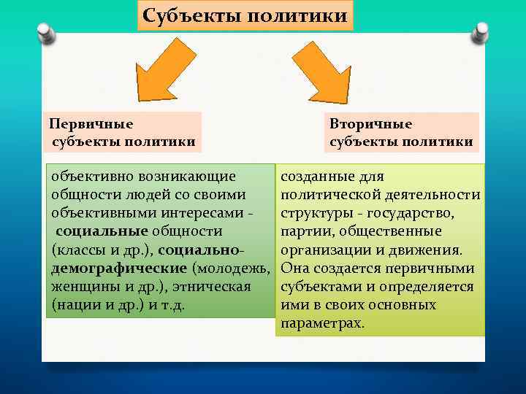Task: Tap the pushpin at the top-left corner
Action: pos(44,33)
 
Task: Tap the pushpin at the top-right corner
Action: pos(480,33)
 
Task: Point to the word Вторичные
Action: pos(370,124)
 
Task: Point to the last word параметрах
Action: pos(321,322)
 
